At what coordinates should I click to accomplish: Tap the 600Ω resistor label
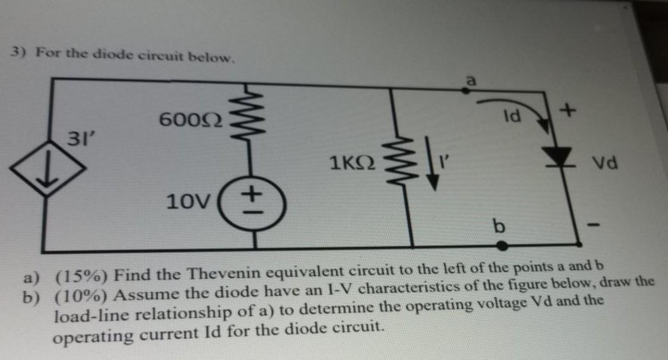(x=191, y=119)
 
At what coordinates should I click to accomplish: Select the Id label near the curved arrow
(x=512, y=117)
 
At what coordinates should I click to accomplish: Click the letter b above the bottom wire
(x=498, y=225)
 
